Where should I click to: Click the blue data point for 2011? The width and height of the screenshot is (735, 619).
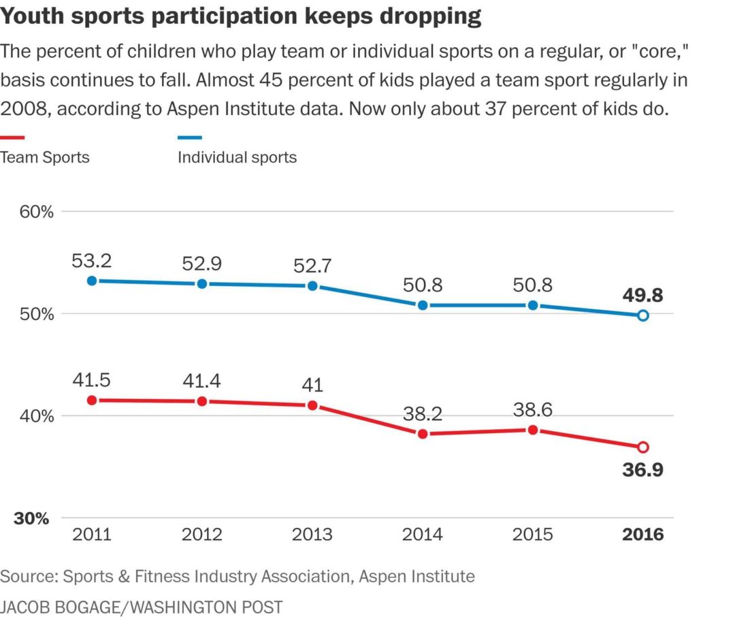[x=91, y=281]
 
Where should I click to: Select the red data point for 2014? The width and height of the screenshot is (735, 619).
[x=423, y=434]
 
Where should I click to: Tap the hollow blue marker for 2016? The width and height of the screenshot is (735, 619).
[x=643, y=315]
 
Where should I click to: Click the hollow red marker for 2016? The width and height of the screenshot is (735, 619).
[x=643, y=447]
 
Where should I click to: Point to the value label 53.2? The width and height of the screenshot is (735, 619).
[x=91, y=260]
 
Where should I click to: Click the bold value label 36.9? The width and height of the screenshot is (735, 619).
[x=643, y=471]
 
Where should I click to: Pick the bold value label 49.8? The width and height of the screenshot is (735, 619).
[x=643, y=296]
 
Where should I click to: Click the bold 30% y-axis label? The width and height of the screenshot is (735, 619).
[x=32, y=518]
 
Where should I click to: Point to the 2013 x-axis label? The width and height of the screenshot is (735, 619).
[x=312, y=535]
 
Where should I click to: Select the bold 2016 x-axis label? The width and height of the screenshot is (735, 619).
[x=643, y=535]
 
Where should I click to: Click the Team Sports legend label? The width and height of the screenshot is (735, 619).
[x=45, y=157]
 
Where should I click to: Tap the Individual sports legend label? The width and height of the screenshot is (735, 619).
[x=237, y=157]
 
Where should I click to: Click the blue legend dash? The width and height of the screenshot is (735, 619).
[x=190, y=138]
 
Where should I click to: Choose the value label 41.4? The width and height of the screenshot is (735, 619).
[x=202, y=381]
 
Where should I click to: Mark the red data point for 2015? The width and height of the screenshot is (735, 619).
[x=533, y=430]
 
